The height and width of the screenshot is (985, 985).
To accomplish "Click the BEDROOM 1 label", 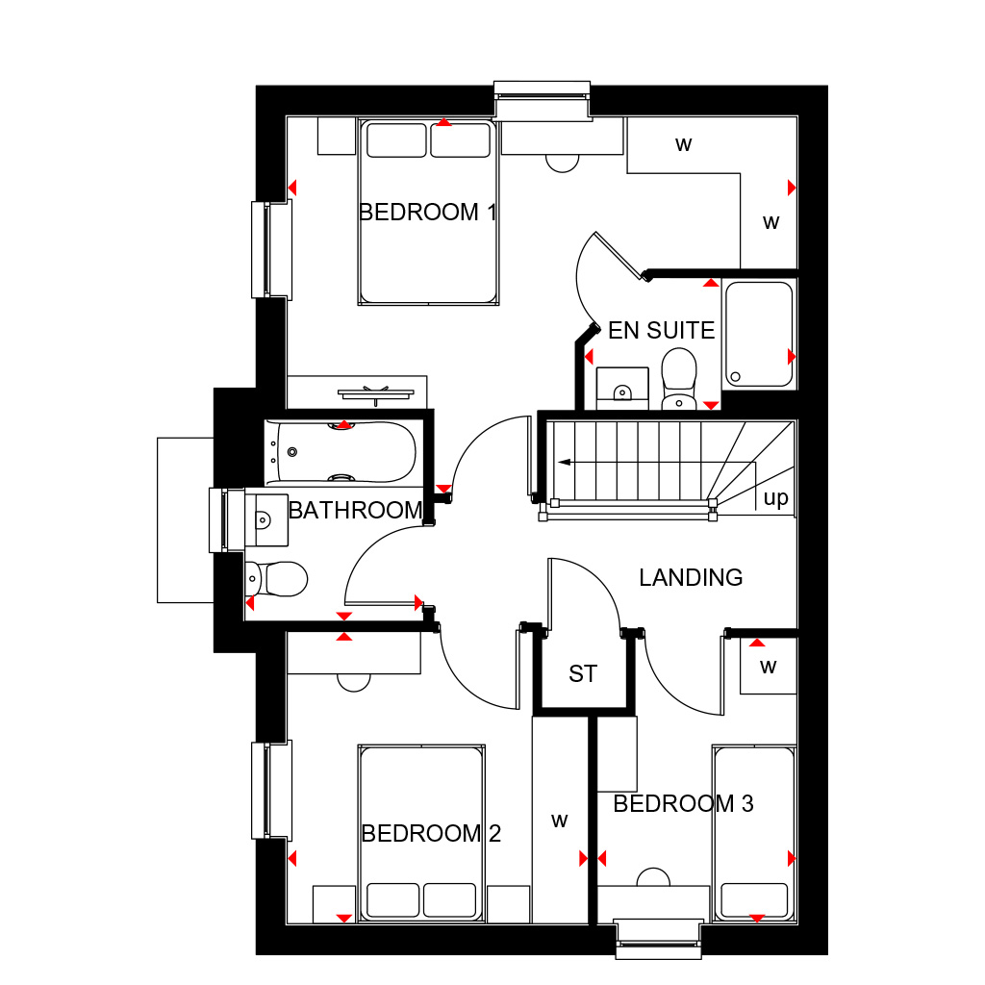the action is tap(428, 213).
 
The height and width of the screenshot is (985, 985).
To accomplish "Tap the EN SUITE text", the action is tap(662, 331).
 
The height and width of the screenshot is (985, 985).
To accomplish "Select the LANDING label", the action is tap(691, 577).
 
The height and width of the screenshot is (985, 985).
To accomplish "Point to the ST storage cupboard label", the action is tap(583, 674).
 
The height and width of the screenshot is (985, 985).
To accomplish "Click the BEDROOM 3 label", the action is tap(684, 804).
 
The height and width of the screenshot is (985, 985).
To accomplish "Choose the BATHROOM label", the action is tap(356, 510).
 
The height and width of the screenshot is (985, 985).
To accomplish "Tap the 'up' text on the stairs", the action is tap(776, 498).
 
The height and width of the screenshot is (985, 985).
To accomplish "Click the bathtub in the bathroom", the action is tap(341, 452).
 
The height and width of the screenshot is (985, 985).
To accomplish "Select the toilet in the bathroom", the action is tap(276, 578).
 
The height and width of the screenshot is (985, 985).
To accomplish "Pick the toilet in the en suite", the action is tap(679, 379).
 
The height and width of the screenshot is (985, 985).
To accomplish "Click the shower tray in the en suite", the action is tap(759, 334).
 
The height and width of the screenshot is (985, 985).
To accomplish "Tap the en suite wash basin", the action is tap(622, 389).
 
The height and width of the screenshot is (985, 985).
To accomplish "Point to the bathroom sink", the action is tap(266, 519).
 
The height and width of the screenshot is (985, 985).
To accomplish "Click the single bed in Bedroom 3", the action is tap(754, 833).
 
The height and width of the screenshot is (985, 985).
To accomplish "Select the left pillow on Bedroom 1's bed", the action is tap(396, 140).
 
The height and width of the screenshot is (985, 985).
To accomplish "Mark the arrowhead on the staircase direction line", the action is tap(564, 463).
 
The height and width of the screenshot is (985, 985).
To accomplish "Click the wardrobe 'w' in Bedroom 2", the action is tap(560, 821).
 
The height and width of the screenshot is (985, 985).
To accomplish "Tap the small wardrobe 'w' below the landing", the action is tap(769, 667).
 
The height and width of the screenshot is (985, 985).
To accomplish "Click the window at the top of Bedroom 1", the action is tap(543, 100).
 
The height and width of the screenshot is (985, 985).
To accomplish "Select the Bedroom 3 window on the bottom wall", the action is tap(658, 939).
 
